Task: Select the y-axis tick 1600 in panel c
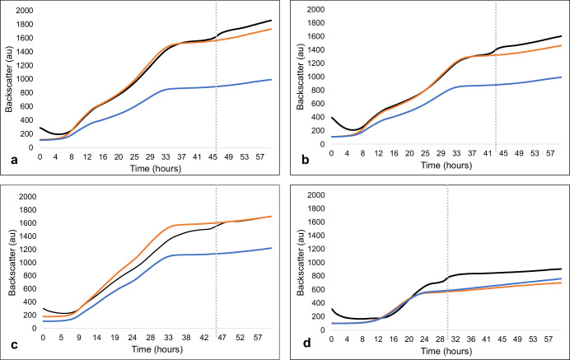coord(25,223)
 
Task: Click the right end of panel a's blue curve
coord(272,80)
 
